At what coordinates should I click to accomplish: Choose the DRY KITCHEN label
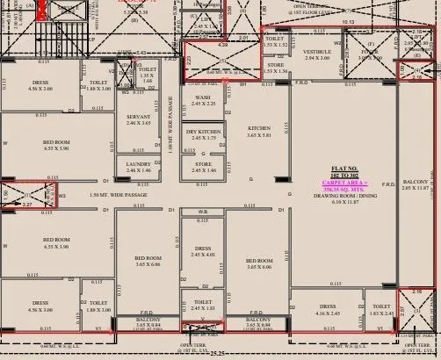(x=203, y=133)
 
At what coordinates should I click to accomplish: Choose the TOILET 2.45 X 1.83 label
(x=203, y=305)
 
